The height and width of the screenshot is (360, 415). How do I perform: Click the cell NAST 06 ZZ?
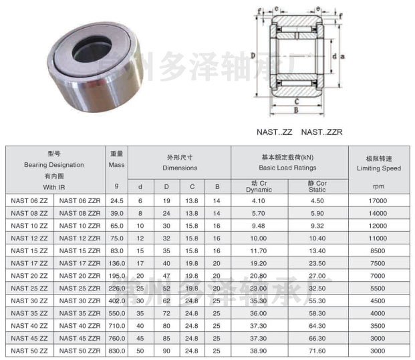(x=29, y=201)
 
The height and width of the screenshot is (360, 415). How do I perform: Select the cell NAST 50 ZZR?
(x=80, y=351)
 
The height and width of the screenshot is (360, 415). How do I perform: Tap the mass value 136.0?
(x=117, y=263)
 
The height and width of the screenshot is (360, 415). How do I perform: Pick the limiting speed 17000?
(x=378, y=201)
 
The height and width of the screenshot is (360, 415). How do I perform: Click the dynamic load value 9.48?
(x=259, y=226)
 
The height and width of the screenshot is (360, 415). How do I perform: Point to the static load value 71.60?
(x=317, y=351)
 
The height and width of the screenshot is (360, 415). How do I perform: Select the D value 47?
(x=166, y=276)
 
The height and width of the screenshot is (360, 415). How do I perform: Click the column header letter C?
(x=192, y=187)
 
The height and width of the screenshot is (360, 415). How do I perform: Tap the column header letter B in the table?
(x=217, y=187)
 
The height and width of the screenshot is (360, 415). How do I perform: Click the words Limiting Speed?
(x=379, y=168)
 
